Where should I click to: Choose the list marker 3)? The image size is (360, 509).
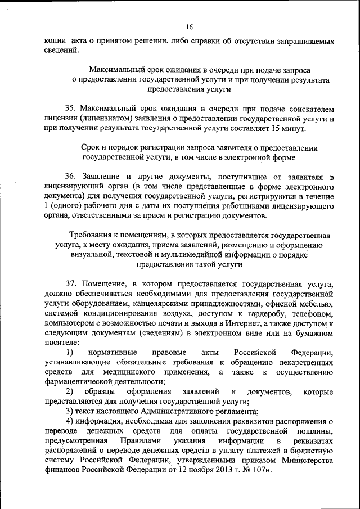70,411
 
